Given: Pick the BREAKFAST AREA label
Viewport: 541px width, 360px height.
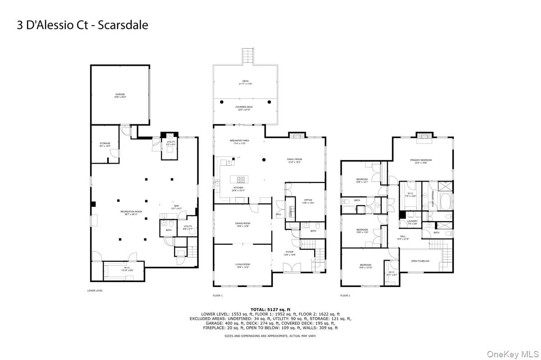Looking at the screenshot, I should point(239,141).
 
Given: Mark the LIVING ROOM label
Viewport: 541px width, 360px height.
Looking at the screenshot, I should point(243,265).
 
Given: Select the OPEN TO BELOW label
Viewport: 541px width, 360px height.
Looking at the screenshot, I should point(420,261).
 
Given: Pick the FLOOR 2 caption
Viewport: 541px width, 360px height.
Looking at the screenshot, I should point(345,296).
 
